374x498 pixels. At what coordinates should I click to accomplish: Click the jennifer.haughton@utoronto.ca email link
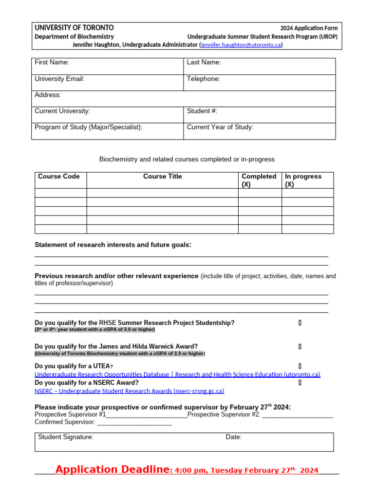[x=241, y=45]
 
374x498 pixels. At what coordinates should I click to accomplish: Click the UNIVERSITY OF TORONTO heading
[x=74, y=28]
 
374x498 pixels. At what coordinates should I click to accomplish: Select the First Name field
[x=107, y=66]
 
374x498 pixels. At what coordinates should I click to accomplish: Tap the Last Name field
[x=259, y=66]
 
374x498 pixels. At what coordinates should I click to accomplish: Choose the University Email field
[x=107, y=83]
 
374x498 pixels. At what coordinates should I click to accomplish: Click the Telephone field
[x=259, y=83]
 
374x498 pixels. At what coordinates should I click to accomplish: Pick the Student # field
[x=259, y=115]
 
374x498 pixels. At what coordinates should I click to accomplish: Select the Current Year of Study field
[x=259, y=131]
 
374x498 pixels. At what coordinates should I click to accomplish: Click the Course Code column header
[x=59, y=177]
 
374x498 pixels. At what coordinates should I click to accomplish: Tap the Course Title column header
[x=162, y=177]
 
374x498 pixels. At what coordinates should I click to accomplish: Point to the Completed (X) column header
[x=259, y=180]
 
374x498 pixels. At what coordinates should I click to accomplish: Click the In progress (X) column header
[x=303, y=180]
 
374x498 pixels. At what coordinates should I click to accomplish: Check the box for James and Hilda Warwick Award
[x=300, y=347]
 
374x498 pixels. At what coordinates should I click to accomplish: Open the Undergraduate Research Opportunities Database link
[x=177, y=374]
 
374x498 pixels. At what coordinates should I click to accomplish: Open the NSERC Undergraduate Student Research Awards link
[x=129, y=391]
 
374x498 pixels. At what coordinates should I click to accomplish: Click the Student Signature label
[x=66, y=437]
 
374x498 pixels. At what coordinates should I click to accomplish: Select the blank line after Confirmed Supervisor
[x=134, y=423]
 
